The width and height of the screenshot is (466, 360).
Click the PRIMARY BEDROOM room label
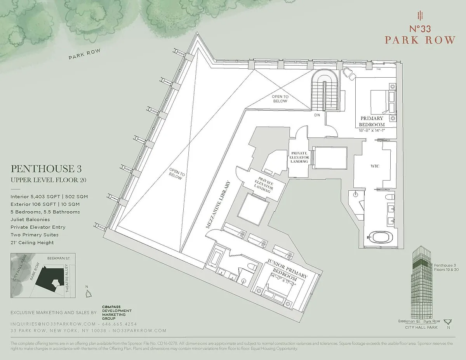372,121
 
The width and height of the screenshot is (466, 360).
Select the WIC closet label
375,166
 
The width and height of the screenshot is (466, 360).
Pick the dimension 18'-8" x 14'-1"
372,130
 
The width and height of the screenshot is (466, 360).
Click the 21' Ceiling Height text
32,243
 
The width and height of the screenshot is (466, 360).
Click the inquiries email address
53,323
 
